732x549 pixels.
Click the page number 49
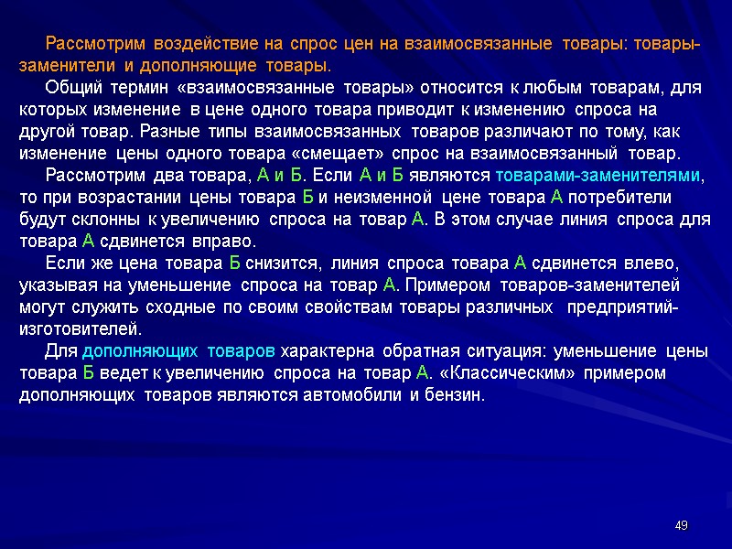(680, 525)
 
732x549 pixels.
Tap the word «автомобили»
(354, 395)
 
